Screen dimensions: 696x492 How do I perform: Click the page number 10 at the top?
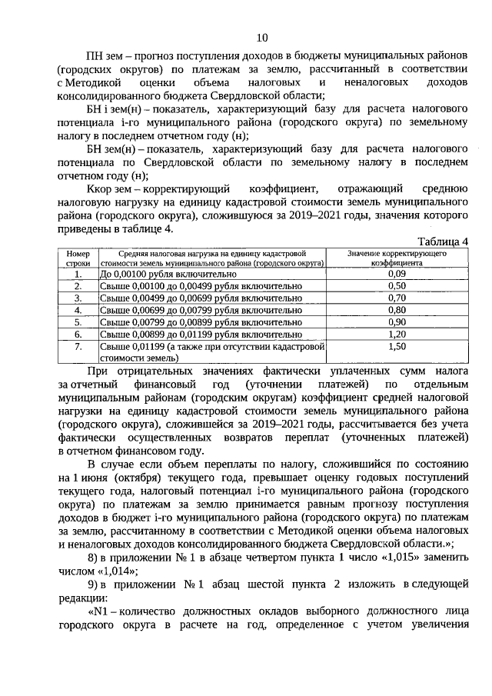tap(261, 38)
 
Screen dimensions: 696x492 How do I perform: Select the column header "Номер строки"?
tap(78, 258)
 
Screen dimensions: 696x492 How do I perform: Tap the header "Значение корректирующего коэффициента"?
tap(397, 258)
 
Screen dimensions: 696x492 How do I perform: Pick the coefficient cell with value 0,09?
tap(397, 273)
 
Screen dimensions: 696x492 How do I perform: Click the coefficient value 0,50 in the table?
tap(397, 286)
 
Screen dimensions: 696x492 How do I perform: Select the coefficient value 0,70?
tap(397, 298)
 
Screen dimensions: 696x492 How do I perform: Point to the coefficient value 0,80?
tap(397, 311)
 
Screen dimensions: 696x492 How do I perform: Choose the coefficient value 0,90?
tap(397, 323)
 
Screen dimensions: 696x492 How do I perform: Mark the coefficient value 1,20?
tap(397, 335)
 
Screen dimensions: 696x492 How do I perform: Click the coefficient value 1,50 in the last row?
tap(397, 348)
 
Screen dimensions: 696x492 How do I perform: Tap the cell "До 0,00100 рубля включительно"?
tap(162, 273)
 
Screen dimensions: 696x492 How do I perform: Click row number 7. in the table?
tap(78, 348)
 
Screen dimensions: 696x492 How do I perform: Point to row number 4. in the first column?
tap(78, 311)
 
